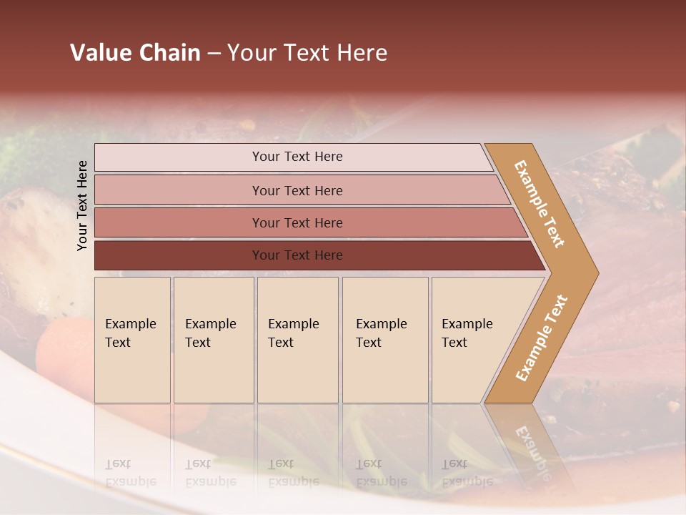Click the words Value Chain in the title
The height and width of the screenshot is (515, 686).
(x=136, y=53)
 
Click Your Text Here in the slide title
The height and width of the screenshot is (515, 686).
(x=307, y=53)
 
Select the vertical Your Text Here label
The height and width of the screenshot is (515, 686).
(x=83, y=205)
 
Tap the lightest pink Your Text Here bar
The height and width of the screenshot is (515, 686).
(x=297, y=157)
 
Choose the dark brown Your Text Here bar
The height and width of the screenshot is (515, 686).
(x=297, y=255)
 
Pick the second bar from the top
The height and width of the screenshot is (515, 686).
(x=297, y=190)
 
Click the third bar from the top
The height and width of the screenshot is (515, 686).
(x=297, y=223)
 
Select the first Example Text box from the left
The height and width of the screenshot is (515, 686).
(x=132, y=340)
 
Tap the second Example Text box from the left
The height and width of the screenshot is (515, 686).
(x=214, y=340)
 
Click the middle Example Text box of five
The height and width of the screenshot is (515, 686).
(x=297, y=340)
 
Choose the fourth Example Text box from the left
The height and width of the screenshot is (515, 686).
(x=385, y=340)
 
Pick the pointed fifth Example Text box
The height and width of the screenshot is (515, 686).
(x=472, y=340)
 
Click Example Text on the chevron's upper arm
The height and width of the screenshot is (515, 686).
(x=540, y=204)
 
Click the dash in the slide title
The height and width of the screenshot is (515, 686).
(x=214, y=53)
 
